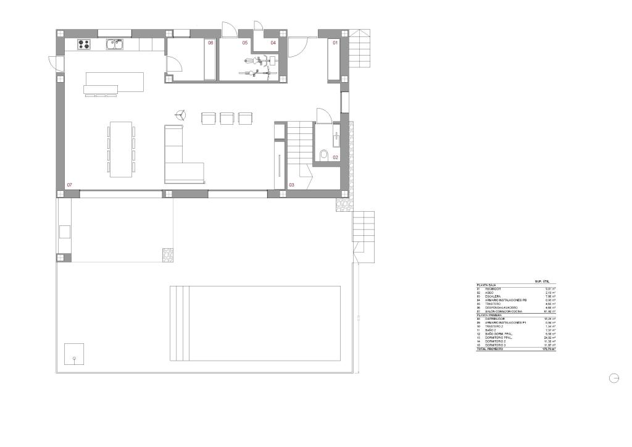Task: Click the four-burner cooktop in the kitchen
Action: (84, 44)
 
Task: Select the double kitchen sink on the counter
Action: (114, 44)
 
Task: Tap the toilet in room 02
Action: (325, 154)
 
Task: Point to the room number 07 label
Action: (70, 185)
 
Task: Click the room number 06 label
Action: (210, 43)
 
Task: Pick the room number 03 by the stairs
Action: (291, 185)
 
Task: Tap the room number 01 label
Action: (336, 43)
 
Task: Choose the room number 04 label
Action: (273, 43)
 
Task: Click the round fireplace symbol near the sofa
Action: (180, 115)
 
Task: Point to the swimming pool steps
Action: (179, 323)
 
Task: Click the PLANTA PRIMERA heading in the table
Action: (488, 315)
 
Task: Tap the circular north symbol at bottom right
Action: (613, 378)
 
